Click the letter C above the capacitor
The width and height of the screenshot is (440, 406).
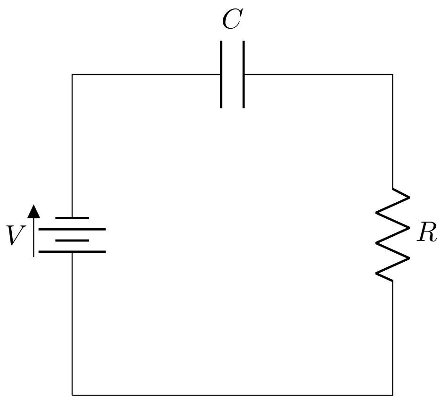click(232, 20)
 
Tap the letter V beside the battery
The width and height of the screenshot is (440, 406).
click(16, 236)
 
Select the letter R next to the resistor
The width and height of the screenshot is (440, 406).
click(427, 233)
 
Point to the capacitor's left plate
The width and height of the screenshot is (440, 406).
click(221, 75)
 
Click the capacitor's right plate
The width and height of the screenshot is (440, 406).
click(244, 75)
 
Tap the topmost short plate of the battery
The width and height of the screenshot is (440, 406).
click(72, 218)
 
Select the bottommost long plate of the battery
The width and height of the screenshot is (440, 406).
click(72, 251)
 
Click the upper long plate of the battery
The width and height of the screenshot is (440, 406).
click(72, 229)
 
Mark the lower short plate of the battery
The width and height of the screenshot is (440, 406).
click(72, 240)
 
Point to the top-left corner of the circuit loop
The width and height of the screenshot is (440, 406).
click(72, 75)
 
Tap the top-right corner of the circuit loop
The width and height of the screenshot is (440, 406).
click(392, 75)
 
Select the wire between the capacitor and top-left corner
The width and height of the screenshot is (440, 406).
click(146, 75)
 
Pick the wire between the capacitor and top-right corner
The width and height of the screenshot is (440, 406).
click(318, 75)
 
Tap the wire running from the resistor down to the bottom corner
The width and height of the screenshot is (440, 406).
click(392, 337)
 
